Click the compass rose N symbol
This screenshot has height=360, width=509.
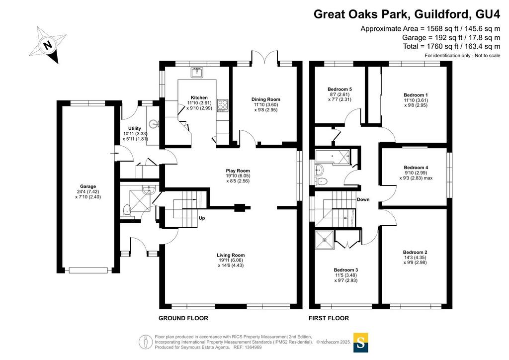pyautogui.click(x=48, y=45)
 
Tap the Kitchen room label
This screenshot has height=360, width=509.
pyautogui.click(x=199, y=97)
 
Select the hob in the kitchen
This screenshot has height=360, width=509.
pyautogui.click(x=223, y=105)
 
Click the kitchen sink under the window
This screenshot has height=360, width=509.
pyautogui.click(x=197, y=73)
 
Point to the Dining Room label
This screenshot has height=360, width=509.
pyautogui.click(x=265, y=99)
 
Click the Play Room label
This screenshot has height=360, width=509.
pyautogui.click(x=238, y=171)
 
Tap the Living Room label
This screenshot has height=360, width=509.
pyautogui.click(x=231, y=255)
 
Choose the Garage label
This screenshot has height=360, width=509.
pyautogui.click(x=88, y=186)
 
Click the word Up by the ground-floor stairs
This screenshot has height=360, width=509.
pyautogui.click(x=202, y=218)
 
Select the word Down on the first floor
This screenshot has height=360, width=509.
pyautogui.click(x=363, y=199)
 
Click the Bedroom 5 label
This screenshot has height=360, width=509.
pyautogui.click(x=339, y=89)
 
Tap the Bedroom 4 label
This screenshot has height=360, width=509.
pyautogui.click(x=416, y=168)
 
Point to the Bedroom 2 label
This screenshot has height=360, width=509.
pyautogui.click(x=415, y=252)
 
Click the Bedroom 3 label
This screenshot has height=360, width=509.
pyautogui.click(x=346, y=270)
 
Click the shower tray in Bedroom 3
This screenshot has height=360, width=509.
pyautogui.click(x=325, y=240)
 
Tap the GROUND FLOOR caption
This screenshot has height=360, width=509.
pyautogui.click(x=183, y=318)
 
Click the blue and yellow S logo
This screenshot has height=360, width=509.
pyautogui.click(x=361, y=342)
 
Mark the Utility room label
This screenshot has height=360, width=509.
pyautogui.click(x=134, y=128)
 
